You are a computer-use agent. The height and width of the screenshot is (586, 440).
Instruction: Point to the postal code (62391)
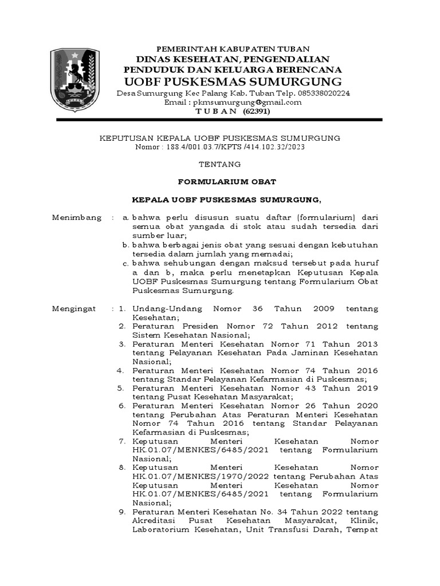[x=256, y=111]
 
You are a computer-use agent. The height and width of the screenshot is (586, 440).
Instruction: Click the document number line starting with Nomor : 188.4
[x=220, y=147]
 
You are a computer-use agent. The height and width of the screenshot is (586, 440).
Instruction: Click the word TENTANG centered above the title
[x=220, y=164]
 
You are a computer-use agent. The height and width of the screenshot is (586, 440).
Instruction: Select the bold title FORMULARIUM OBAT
[x=220, y=182]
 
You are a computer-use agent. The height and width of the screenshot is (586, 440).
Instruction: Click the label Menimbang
[x=77, y=218]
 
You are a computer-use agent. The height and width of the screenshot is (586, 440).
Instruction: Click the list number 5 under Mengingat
[x=121, y=388]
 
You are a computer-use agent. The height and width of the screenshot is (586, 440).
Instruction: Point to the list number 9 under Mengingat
[x=121, y=512]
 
